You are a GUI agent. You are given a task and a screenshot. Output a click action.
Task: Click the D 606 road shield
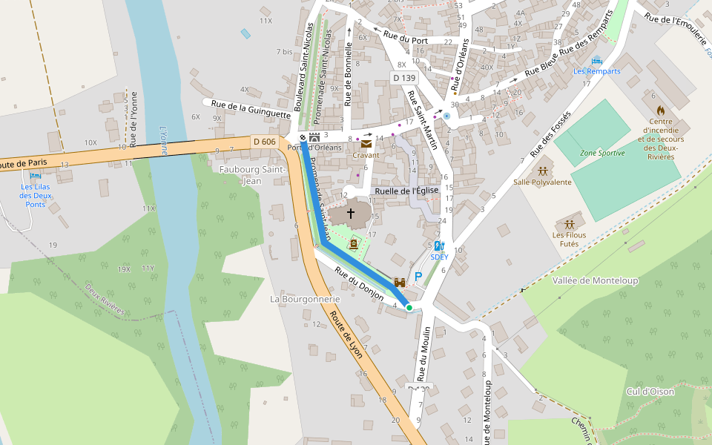point(264,142)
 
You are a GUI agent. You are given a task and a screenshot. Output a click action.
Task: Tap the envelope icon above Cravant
point(366,145)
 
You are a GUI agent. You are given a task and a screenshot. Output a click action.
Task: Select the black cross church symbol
point(351,214)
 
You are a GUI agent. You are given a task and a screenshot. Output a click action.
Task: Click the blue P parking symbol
point(418,277)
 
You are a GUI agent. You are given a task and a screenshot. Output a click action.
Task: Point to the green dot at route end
point(409,307)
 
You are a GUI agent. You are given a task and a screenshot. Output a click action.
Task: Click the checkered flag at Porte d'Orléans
point(303,137)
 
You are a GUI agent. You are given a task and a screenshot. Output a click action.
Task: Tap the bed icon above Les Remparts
point(596,61)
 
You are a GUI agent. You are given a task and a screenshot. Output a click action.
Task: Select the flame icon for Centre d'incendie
point(660,110)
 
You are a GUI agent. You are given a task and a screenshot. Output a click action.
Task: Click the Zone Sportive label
point(602,153)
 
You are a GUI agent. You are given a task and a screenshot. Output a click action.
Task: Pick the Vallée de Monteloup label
point(595,280)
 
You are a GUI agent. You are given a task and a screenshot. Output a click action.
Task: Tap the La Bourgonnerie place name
point(305,299)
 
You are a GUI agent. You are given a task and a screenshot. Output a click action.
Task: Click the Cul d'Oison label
point(650,391)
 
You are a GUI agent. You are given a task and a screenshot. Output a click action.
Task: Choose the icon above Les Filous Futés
point(569,224)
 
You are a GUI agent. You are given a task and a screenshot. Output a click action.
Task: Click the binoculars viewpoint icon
point(400,282)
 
